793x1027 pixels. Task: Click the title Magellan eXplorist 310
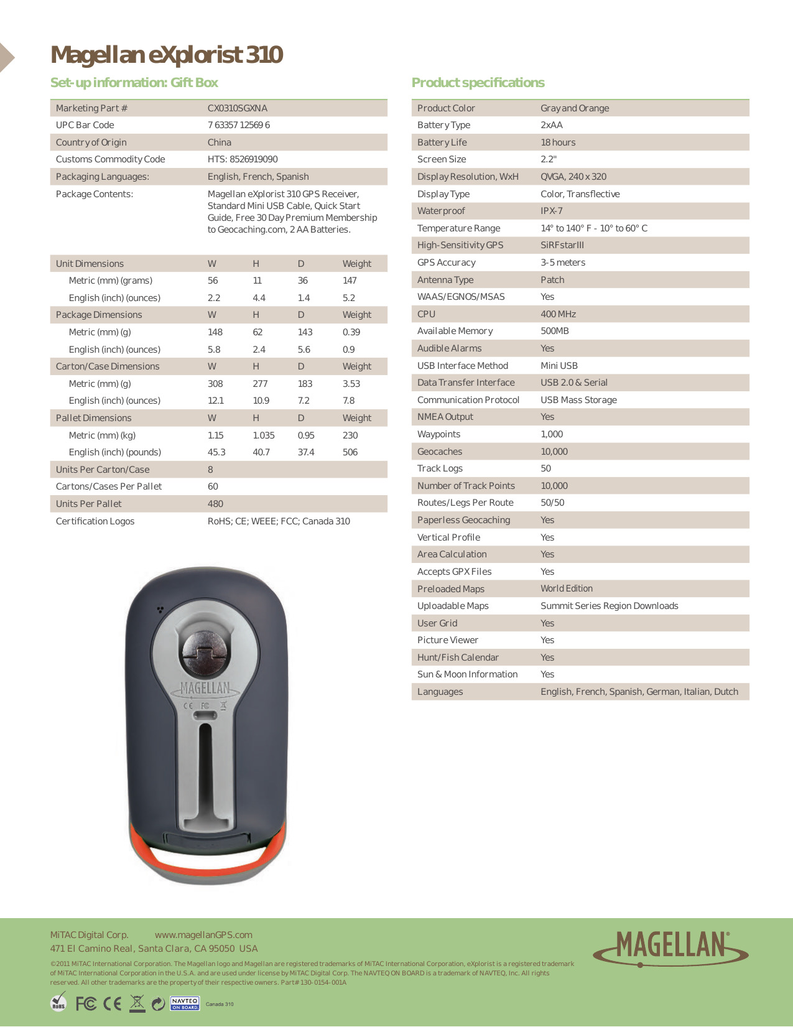[167, 55]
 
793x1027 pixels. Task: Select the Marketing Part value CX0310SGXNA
[237, 108]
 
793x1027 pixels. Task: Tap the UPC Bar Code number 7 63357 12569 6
[238, 125]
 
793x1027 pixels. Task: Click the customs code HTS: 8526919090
[243, 159]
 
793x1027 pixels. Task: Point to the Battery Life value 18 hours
[558, 142]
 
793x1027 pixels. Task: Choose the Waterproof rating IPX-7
[551, 211]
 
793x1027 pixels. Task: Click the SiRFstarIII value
[562, 245]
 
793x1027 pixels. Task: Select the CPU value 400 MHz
[558, 314]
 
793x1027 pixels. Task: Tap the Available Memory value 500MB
[554, 331]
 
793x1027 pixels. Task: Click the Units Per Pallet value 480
[215, 504]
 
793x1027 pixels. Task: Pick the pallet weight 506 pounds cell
[350, 452]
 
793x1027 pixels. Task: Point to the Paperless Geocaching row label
[463, 520]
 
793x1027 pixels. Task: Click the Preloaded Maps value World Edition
[566, 588]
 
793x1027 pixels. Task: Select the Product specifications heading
[478, 83]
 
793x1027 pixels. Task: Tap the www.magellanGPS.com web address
[203, 935]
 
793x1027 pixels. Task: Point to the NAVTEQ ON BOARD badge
[185, 1003]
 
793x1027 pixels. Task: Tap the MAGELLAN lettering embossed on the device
[205, 688]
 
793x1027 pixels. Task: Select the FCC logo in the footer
[86, 1003]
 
